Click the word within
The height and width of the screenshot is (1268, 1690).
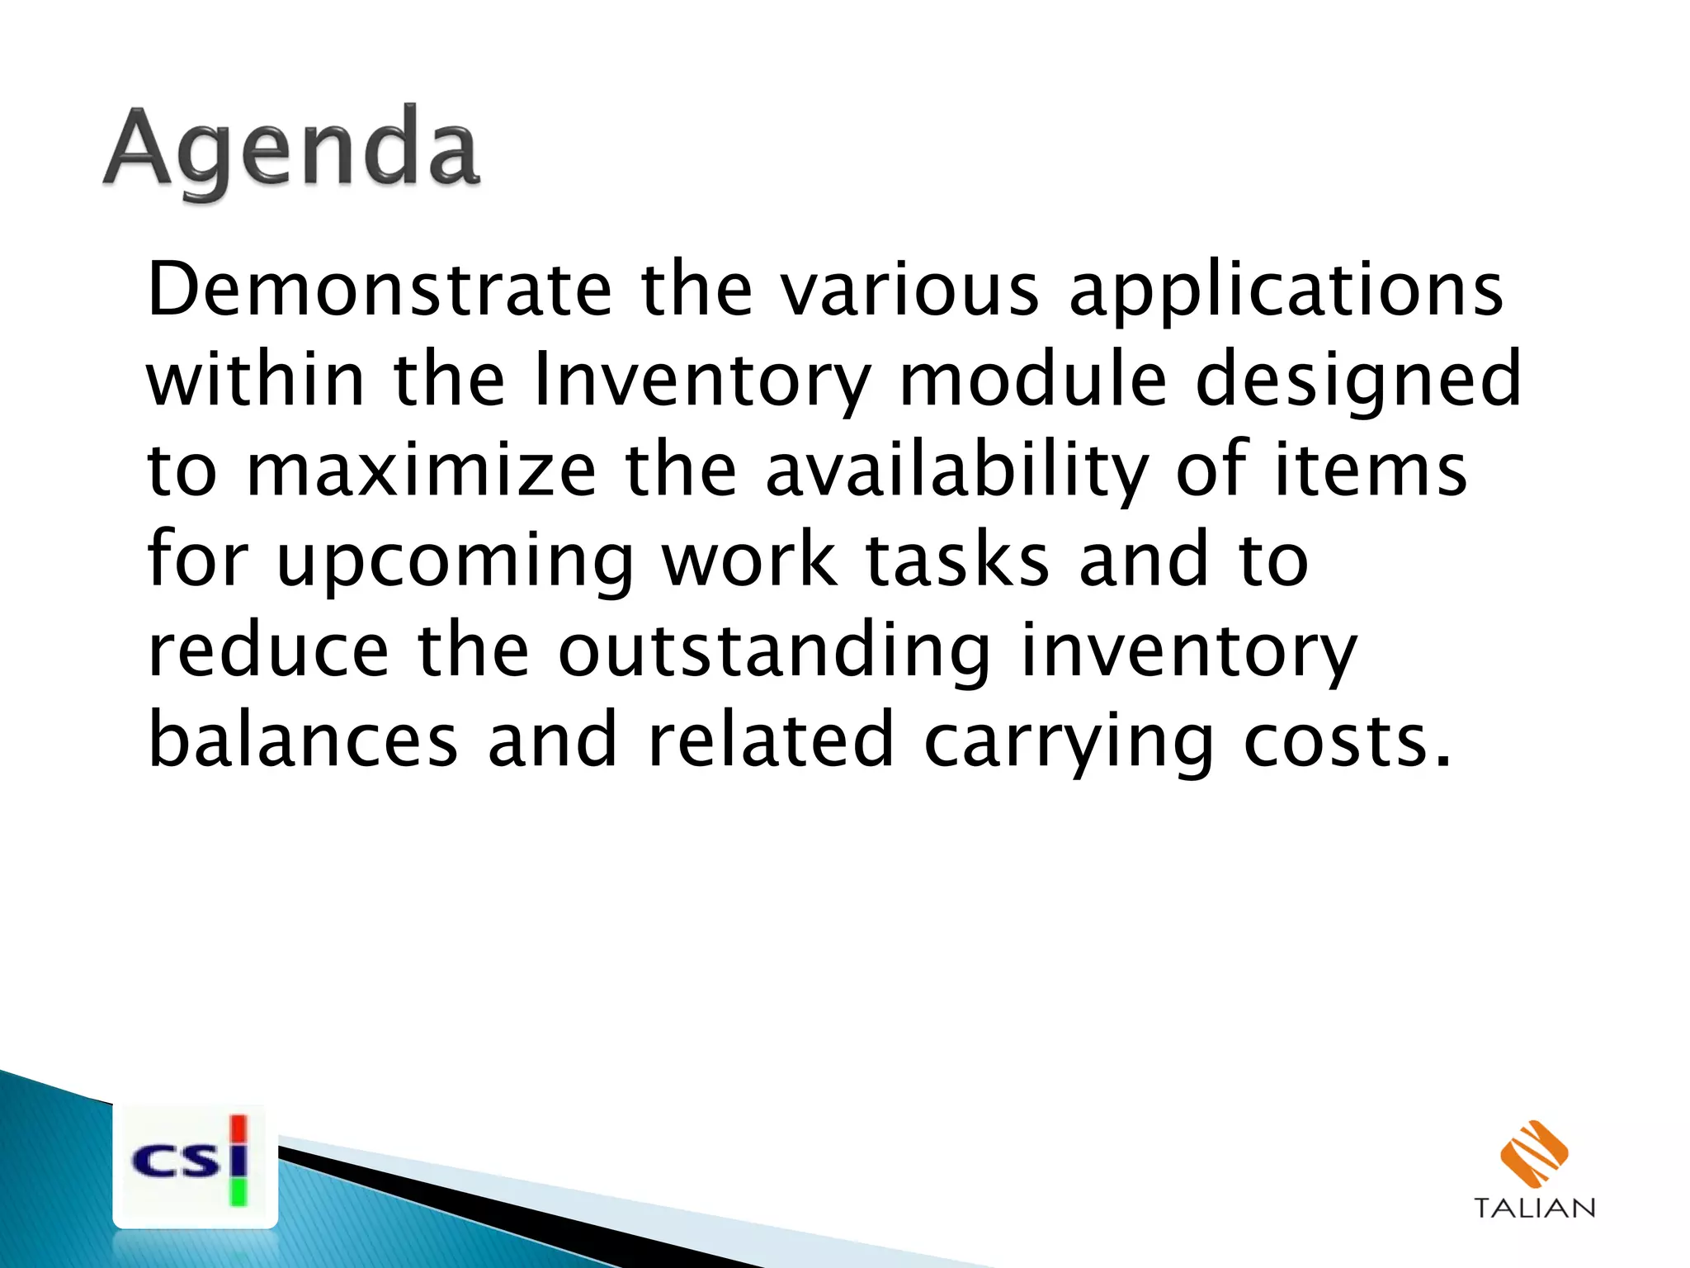click(x=256, y=380)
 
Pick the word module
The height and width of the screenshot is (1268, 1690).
click(x=1032, y=380)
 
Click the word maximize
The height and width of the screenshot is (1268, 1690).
click(x=421, y=471)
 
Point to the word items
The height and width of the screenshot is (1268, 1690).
click(x=1371, y=471)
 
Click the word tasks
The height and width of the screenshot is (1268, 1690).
click(x=957, y=561)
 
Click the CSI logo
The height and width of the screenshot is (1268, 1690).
click(x=195, y=1164)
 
